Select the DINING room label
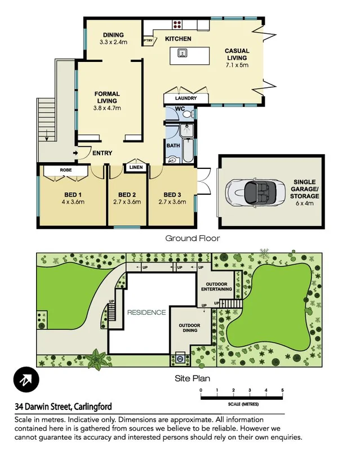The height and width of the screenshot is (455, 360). (113, 35)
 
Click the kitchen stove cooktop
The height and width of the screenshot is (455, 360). (177, 24)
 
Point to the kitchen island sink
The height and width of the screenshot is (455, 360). (182, 53)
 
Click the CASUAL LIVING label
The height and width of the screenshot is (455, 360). (237, 55)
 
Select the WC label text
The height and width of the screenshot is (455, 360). (180, 109)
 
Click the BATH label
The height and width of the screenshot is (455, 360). (173, 146)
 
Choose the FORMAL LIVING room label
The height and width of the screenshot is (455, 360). (107, 97)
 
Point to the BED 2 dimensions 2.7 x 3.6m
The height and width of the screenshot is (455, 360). (127, 202)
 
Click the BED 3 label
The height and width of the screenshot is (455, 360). (172, 195)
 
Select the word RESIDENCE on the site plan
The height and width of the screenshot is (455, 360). (146, 313)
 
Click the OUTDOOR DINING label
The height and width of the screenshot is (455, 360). (190, 329)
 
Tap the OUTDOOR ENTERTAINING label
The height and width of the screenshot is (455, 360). (217, 286)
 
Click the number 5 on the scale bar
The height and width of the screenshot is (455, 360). (282, 390)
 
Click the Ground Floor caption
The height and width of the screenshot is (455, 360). (192, 238)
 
